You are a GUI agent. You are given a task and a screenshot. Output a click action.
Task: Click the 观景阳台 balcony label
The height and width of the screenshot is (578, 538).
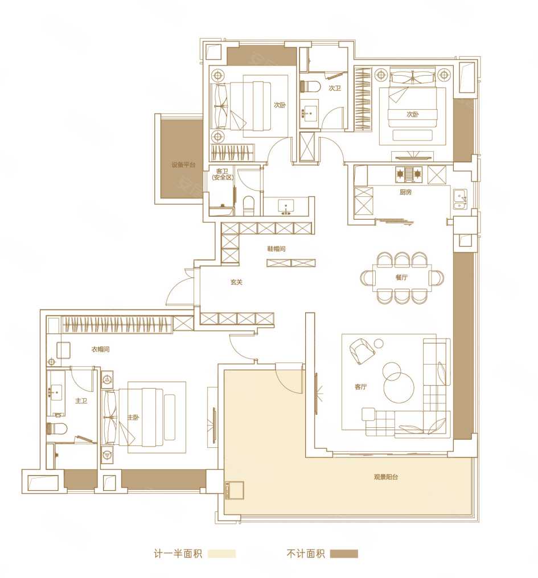385,477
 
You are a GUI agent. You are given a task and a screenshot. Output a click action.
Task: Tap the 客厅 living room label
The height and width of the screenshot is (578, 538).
360,387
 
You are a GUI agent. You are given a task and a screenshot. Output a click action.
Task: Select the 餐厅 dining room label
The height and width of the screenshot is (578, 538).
401,277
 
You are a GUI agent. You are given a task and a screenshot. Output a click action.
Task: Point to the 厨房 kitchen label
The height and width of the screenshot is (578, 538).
405,192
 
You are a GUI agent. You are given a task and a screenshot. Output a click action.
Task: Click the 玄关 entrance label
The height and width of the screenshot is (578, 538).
236,282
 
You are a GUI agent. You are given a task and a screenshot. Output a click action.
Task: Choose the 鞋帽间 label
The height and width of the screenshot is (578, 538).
276,249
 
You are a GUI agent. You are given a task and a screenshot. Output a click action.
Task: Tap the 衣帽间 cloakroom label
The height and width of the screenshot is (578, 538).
100,349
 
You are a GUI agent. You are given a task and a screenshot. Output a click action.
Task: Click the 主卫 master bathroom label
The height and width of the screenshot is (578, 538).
81,401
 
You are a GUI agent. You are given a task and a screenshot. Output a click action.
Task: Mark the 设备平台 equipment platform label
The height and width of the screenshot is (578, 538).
183,165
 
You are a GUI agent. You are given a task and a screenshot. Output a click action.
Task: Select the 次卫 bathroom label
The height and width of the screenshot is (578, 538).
335,88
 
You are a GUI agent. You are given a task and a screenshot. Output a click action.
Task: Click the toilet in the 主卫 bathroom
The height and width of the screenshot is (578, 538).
57,428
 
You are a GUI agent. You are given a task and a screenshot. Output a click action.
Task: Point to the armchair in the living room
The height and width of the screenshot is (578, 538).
362,350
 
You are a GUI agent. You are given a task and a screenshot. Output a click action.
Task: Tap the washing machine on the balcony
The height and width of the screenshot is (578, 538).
235,490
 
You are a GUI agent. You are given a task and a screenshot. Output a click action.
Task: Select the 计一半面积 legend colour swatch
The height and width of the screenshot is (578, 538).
221,554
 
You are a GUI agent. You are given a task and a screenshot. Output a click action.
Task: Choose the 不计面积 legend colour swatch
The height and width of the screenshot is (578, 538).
344,554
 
